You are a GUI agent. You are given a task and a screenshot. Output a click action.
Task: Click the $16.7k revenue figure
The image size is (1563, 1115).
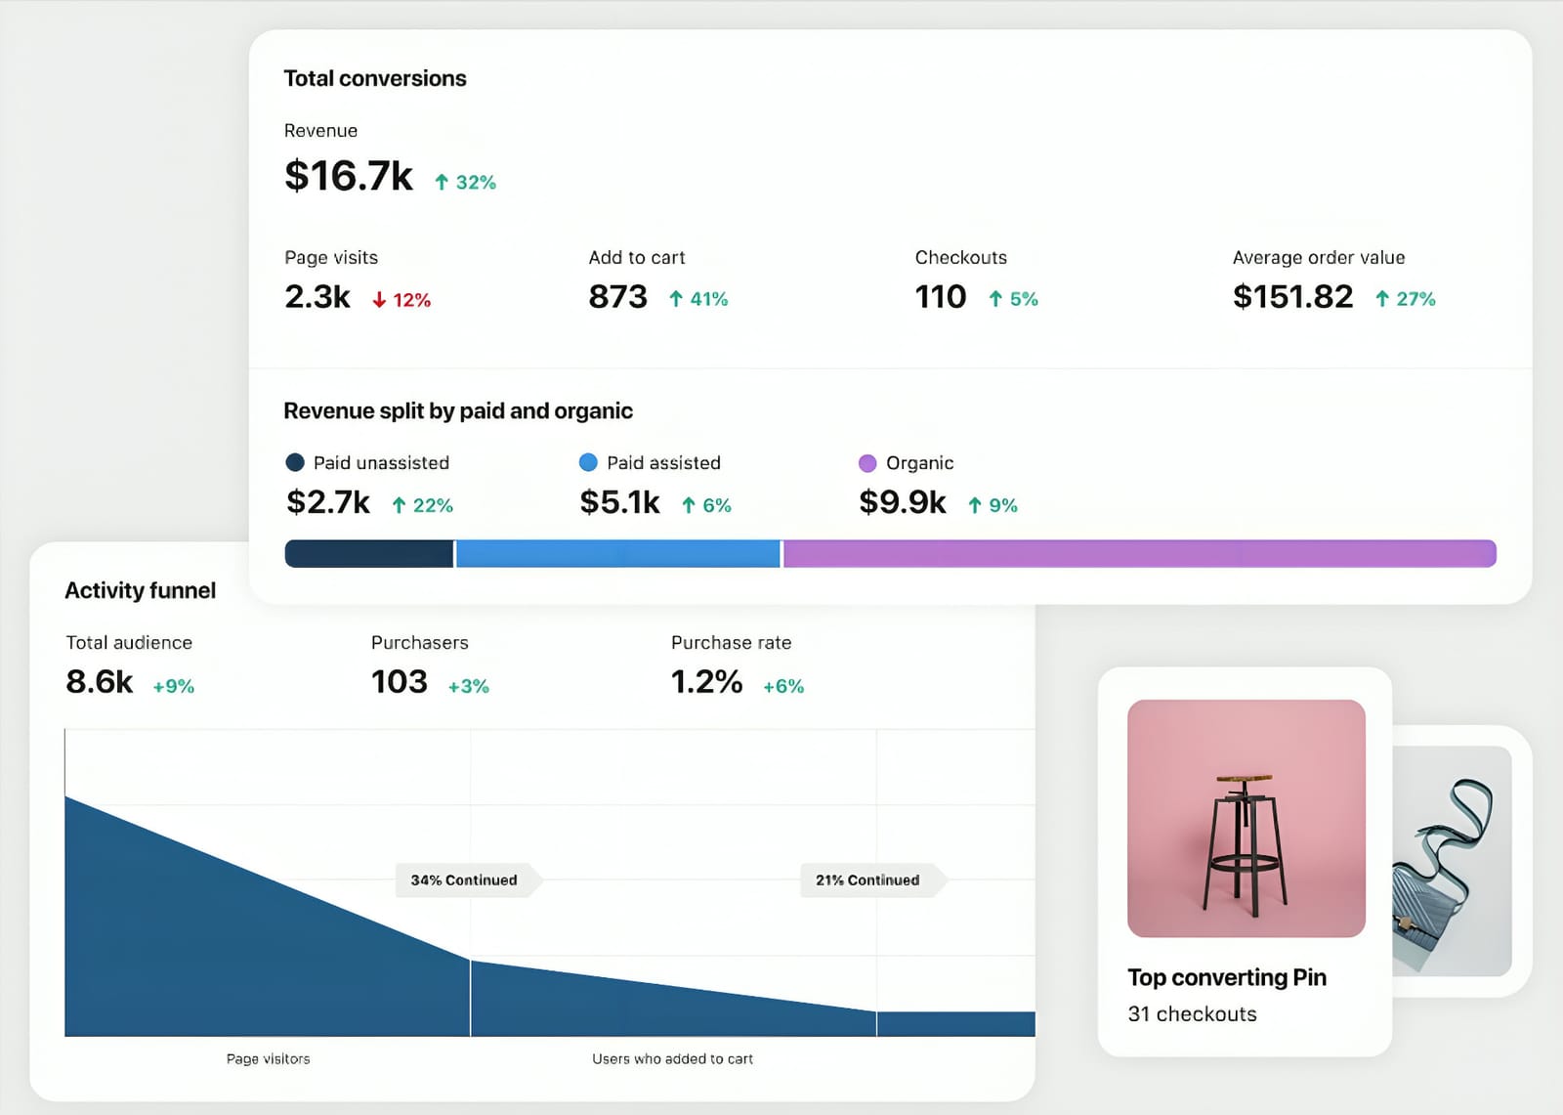tap(349, 177)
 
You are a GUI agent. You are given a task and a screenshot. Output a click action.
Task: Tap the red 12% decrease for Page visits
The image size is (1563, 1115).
tap(401, 300)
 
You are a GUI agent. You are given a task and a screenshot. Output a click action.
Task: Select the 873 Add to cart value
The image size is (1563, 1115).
tap(617, 297)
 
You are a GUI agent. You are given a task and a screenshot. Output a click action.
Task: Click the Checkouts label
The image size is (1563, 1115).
tap(960, 258)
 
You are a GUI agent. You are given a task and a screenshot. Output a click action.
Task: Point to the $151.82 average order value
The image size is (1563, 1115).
tap(1292, 297)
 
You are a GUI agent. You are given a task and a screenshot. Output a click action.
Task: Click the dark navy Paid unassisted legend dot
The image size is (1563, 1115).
tap(294, 462)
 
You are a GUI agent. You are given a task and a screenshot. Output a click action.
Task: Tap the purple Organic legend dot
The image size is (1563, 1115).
tap(866, 463)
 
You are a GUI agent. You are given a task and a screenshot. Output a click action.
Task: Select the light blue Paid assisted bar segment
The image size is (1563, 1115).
tap(617, 554)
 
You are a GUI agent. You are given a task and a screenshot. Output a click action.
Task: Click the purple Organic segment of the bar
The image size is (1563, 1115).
tap(1138, 554)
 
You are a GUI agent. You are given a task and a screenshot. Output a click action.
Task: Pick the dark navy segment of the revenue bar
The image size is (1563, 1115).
tap(368, 554)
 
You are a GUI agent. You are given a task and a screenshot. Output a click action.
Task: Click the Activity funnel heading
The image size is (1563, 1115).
tap(140, 591)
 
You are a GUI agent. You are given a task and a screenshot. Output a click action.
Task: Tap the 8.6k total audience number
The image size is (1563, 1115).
tap(99, 682)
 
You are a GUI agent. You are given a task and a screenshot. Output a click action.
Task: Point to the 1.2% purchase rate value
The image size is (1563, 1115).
tap(706, 682)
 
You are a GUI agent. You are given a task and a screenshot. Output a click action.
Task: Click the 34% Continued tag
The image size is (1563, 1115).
tap(464, 880)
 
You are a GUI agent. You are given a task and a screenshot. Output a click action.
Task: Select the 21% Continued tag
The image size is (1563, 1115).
tap(867, 880)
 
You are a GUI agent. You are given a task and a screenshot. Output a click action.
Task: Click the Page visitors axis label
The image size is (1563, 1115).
tap(268, 1059)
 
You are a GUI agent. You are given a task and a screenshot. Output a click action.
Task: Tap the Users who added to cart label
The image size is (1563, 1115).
tap(672, 1059)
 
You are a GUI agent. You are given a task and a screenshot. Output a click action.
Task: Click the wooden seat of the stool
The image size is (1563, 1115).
tap(1245, 779)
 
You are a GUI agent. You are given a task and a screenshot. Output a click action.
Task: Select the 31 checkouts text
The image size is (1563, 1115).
tap(1192, 1014)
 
